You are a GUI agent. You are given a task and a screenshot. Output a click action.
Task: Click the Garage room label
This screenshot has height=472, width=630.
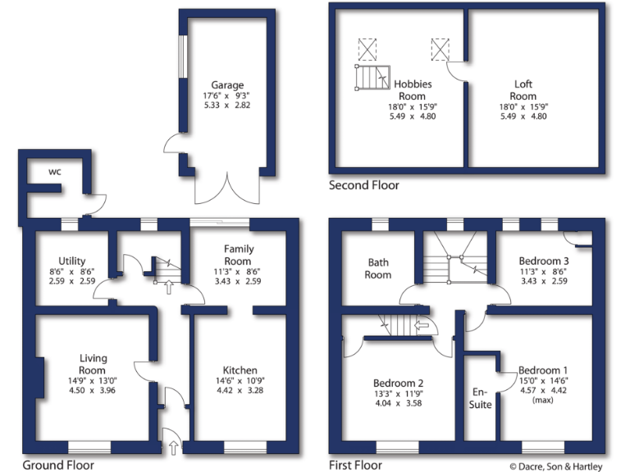click(x=227, y=85)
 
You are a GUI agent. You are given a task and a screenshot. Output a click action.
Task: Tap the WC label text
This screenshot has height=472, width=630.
click(x=55, y=172)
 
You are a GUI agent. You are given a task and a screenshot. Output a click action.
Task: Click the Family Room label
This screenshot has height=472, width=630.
click(x=239, y=254)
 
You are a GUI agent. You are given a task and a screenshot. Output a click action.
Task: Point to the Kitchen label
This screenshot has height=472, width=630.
click(x=240, y=370)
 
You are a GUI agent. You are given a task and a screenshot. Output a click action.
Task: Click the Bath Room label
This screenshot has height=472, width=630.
click(x=378, y=269)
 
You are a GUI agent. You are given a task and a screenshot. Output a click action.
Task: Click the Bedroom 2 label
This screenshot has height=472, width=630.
click(x=398, y=383)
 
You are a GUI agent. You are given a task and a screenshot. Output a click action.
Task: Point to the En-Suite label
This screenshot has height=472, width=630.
click(x=480, y=398)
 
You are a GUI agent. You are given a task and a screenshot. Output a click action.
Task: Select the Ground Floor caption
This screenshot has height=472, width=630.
click(x=58, y=465)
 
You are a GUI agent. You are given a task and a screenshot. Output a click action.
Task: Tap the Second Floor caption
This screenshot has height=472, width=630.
click(x=364, y=185)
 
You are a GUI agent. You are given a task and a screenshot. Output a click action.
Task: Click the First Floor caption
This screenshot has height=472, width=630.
click(x=357, y=465)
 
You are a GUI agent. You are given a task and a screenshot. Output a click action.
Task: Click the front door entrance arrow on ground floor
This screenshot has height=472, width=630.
click(x=173, y=447)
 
